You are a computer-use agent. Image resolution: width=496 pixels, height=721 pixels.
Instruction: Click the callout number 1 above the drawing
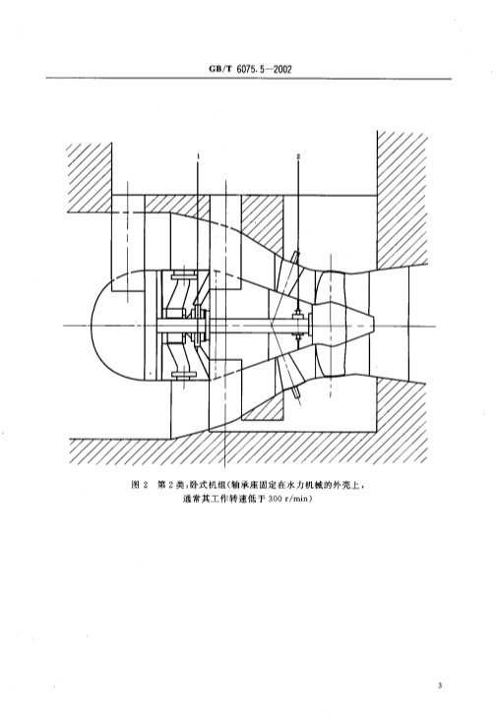pos(198,156)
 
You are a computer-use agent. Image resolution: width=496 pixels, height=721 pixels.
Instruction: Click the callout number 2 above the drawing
pos(298,156)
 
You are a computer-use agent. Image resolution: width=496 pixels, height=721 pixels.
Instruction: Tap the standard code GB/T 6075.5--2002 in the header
pos(250,70)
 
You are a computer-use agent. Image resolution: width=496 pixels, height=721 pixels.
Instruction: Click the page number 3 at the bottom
pos(440,686)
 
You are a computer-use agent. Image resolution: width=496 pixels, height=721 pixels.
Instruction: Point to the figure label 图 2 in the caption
pos(140,485)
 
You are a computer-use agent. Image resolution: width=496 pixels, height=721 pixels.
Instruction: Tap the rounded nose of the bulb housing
pos(96,326)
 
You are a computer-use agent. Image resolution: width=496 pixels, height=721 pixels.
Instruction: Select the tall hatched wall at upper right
pos(402,199)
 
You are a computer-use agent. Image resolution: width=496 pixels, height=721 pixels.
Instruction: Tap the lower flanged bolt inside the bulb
pos(184,375)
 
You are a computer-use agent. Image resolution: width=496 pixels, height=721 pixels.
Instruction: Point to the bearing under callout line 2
pos(298,326)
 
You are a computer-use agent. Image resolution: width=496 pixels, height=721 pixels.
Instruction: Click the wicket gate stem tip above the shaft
pos(297,254)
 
